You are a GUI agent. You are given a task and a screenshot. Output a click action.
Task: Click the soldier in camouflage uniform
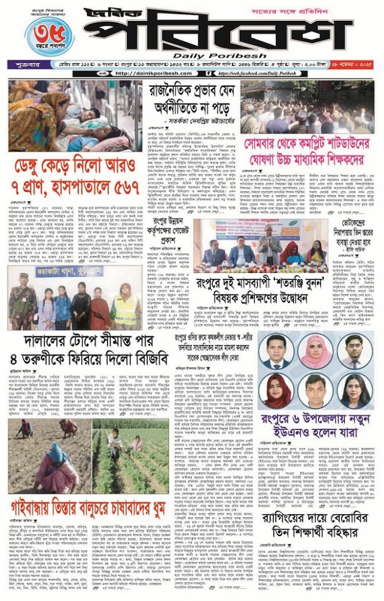point(23,303)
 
